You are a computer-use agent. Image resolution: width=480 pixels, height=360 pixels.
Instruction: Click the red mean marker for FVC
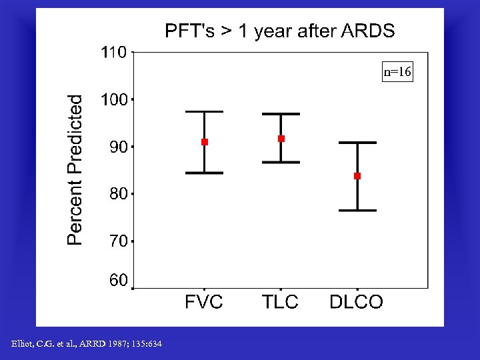tap(205, 142)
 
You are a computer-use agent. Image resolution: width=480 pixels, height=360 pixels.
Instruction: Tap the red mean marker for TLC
tap(281, 139)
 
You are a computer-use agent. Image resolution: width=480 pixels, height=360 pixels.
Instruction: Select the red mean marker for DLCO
tap(357, 176)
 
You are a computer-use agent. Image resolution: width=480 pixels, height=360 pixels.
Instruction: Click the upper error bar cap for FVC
tap(205, 111)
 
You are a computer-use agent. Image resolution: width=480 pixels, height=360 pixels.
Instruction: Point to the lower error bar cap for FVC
tap(205, 173)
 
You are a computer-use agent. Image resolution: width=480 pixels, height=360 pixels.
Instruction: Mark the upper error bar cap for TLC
tap(281, 114)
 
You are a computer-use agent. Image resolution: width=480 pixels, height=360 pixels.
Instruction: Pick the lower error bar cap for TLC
tap(281, 162)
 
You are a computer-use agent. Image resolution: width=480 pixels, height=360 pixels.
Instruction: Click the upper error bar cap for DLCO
tap(357, 143)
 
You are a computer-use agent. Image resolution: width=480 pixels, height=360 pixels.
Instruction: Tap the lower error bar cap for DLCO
tap(357, 210)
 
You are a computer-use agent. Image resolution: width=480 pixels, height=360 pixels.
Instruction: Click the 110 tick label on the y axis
tap(113, 52)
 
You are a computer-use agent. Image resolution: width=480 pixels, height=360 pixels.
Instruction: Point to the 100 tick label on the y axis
tap(113, 100)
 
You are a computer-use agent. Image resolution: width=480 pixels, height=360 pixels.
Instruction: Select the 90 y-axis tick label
tap(118, 147)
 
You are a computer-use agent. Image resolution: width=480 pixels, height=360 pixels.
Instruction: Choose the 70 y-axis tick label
tap(118, 241)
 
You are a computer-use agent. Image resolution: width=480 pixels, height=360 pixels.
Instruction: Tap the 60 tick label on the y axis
tap(118, 281)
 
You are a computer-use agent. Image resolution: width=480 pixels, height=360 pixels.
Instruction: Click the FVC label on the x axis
tap(204, 302)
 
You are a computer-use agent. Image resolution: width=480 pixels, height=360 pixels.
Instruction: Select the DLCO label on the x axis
tap(357, 302)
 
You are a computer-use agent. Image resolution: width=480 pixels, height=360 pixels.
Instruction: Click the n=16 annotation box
tap(397, 72)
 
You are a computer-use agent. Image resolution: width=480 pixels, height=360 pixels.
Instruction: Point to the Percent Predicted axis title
tap(75, 169)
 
